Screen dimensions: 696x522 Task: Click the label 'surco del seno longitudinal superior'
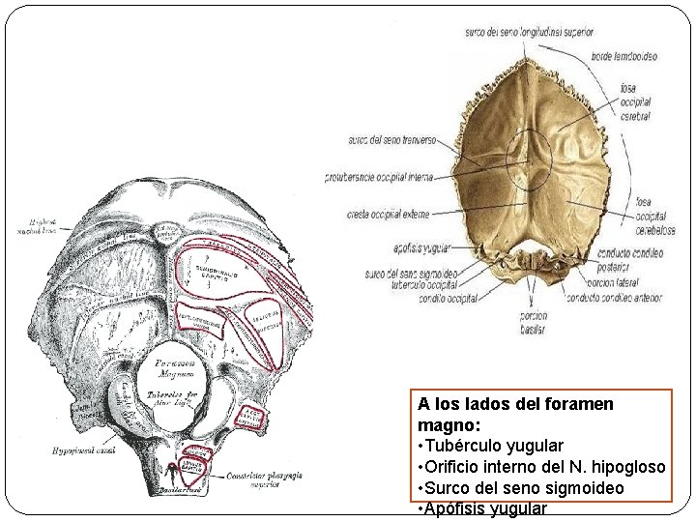pos(529,32)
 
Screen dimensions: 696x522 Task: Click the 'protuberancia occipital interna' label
pos(378,176)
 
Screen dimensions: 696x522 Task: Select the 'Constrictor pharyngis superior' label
pos(266,480)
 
